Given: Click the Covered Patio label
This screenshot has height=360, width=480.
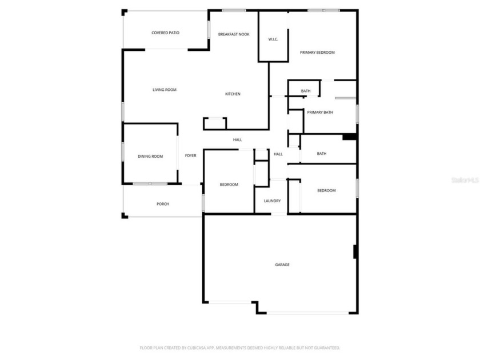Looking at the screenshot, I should (x=165, y=33).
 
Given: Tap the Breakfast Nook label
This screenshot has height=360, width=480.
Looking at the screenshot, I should (x=234, y=34).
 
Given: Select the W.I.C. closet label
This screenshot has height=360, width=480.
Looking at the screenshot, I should (x=273, y=39).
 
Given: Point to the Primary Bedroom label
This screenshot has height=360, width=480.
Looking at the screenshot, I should (x=317, y=53).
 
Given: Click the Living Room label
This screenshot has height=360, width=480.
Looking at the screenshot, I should (x=164, y=90).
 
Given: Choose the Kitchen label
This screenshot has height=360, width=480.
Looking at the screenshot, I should (x=233, y=94).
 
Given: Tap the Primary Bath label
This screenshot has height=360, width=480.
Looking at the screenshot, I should (x=320, y=113).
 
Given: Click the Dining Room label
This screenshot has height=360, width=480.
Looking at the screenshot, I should (x=150, y=157).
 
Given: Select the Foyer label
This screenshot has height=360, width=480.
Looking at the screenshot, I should (x=190, y=155).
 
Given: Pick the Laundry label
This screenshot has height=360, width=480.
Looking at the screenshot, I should (x=272, y=201).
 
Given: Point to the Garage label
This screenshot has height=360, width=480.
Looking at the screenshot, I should (x=282, y=265).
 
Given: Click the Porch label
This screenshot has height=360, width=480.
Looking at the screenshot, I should (x=163, y=204).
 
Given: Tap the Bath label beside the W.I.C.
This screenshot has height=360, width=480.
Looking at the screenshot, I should (x=306, y=91).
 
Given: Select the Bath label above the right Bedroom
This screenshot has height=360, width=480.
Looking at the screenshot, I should (x=322, y=154).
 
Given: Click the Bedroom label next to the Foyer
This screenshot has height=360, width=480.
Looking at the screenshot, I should (x=229, y=185).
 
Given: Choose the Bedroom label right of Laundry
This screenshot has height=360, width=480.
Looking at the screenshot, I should (x=326, y=191).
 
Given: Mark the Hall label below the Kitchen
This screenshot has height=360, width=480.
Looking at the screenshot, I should (x=238, y=140).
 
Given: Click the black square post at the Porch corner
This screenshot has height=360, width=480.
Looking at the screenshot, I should (x=124, y=215).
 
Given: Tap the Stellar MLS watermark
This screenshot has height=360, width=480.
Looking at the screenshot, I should (x=463, y=179).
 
